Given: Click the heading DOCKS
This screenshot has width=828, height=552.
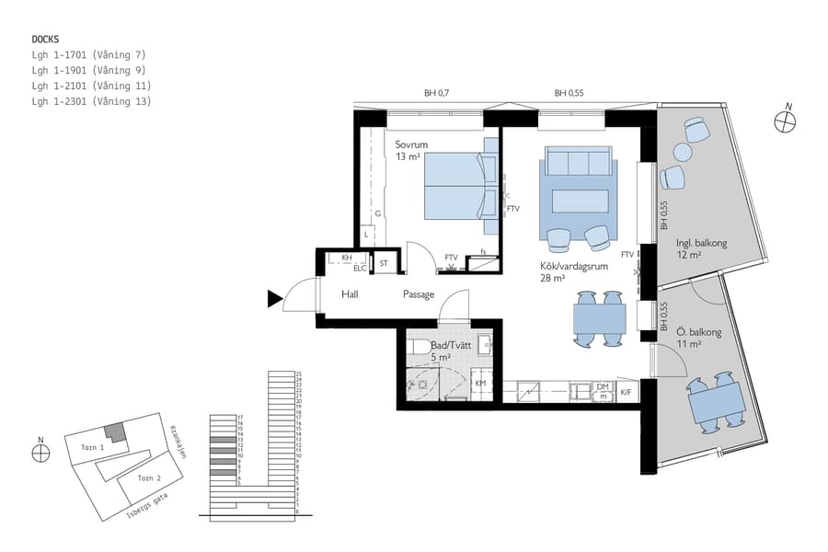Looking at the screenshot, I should pos(46,40).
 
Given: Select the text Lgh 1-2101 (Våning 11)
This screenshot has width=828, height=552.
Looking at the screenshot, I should pos(90,86).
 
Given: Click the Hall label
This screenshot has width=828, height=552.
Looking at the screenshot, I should pos(350,294).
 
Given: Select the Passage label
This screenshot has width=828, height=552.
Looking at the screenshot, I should pos(419,294).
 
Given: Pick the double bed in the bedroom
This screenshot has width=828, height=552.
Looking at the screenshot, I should pos(454,186).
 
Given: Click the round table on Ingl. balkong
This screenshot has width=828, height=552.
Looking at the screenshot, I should pos(683,153).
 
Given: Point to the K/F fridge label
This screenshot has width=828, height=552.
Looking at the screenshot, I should pos(627,393).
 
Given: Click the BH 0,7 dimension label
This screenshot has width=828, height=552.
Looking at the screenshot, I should pos(436,93).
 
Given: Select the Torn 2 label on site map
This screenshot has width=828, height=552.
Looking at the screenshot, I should pos(149,478).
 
